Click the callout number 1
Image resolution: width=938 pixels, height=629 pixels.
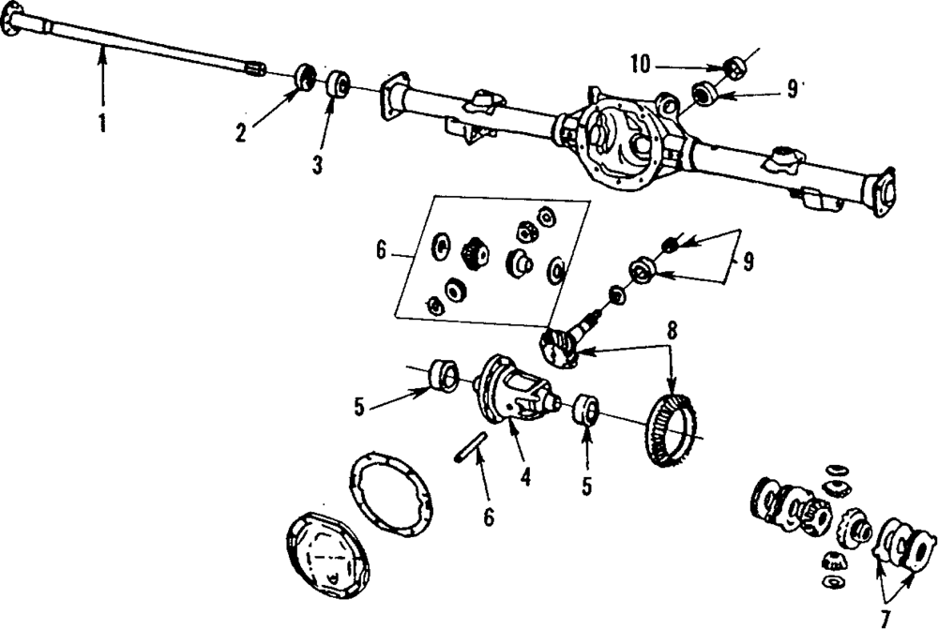pos(102,123)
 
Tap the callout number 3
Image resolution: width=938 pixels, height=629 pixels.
pos(317,165)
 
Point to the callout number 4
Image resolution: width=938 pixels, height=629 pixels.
pos(525,476)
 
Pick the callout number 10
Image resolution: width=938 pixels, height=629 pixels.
pos(640,65)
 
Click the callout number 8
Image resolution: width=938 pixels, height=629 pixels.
pos(673,332)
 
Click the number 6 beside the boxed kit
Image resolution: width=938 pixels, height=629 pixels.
pos(382,250)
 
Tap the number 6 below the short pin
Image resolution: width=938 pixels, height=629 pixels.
pos(490,517)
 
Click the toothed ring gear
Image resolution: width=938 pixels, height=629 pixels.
pos(673,429)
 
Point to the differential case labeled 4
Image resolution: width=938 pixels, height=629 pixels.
pos(514,390)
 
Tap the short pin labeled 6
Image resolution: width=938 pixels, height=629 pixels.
pos(470,446)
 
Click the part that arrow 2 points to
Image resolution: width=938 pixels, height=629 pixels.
pos(307,77)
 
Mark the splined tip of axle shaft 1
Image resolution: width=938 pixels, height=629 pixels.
pos(255,69)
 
